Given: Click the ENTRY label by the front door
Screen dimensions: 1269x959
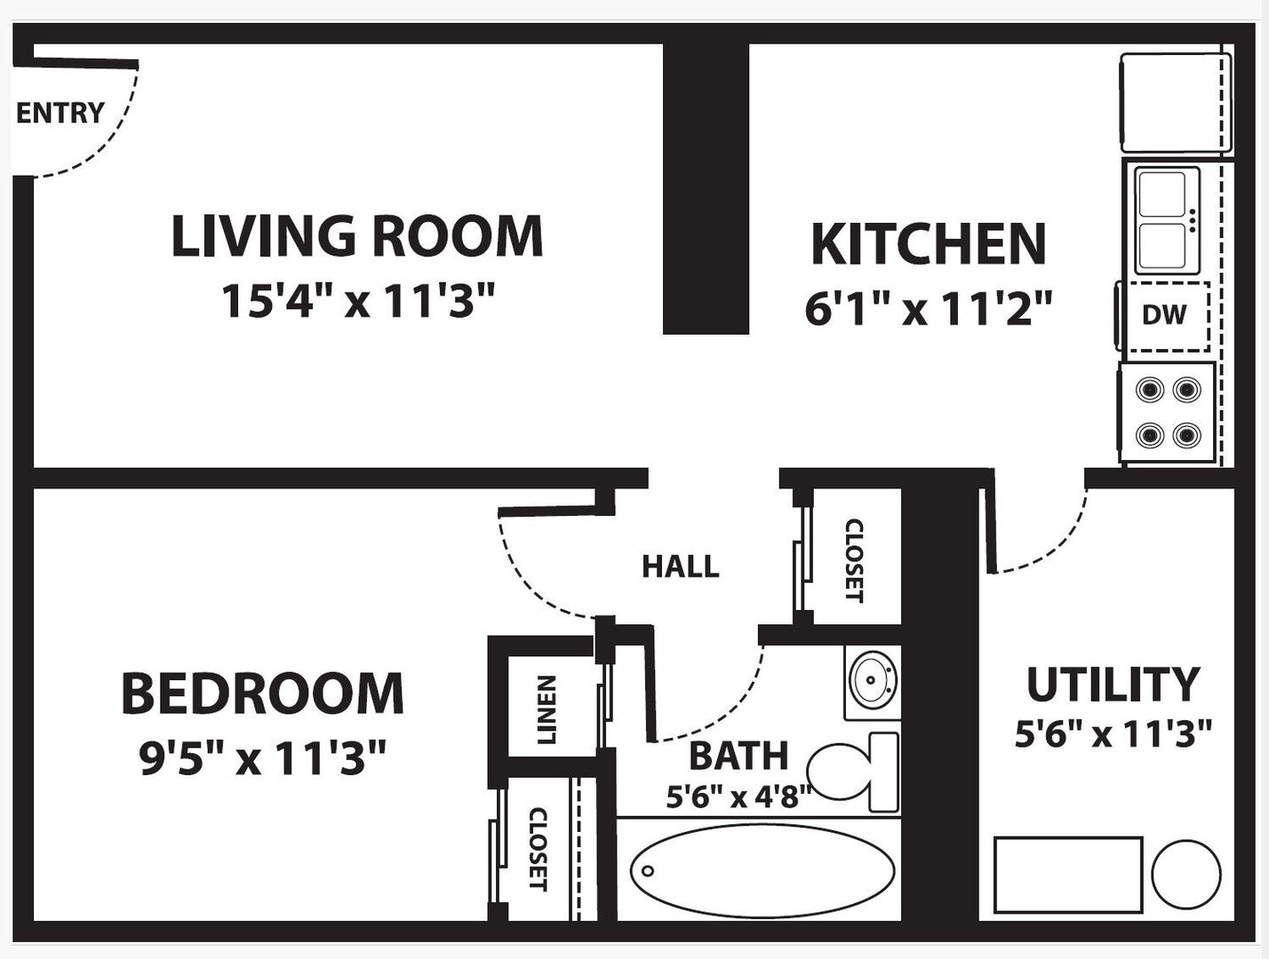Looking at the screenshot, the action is point(60,113).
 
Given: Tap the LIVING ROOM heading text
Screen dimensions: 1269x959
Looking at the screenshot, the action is point(357,235).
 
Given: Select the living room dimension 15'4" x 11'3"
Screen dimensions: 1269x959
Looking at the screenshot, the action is point(358,301).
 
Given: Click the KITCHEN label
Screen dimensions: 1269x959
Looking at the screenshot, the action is point(929,244).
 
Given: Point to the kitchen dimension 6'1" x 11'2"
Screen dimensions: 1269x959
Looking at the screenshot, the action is point(929,308).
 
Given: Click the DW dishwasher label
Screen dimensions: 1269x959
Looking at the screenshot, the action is point(1164,315).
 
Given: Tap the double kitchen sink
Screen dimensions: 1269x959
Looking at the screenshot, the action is point(1167,220).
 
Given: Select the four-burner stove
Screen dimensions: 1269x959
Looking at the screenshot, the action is point(1167,413).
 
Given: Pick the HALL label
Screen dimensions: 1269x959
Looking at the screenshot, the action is point(681,567).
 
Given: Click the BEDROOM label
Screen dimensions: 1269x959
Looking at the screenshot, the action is point(262,693).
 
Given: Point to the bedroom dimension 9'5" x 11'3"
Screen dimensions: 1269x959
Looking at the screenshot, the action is point(262,757).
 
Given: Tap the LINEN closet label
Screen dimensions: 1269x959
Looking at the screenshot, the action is point(547,710).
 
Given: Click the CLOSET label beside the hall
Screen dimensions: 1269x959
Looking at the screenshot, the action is point(855,561).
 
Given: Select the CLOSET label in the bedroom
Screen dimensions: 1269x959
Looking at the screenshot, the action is point(539,849).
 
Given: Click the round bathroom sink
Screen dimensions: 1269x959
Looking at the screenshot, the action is point(873,683).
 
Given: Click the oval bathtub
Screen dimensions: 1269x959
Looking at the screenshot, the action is point(762,870).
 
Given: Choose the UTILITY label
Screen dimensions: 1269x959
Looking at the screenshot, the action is point(1113,686).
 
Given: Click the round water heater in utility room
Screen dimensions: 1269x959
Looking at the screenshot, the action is point(1186,874).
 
